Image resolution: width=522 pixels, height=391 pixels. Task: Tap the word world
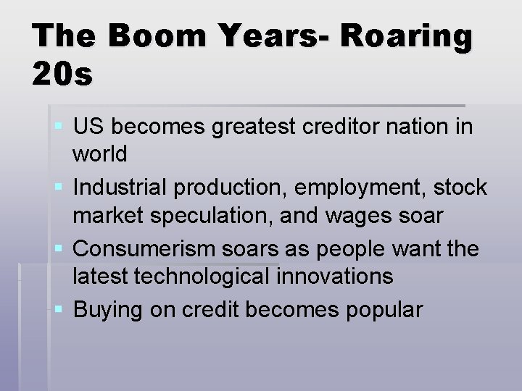(101, 154)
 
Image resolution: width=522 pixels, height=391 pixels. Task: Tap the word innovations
(339, 275)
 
